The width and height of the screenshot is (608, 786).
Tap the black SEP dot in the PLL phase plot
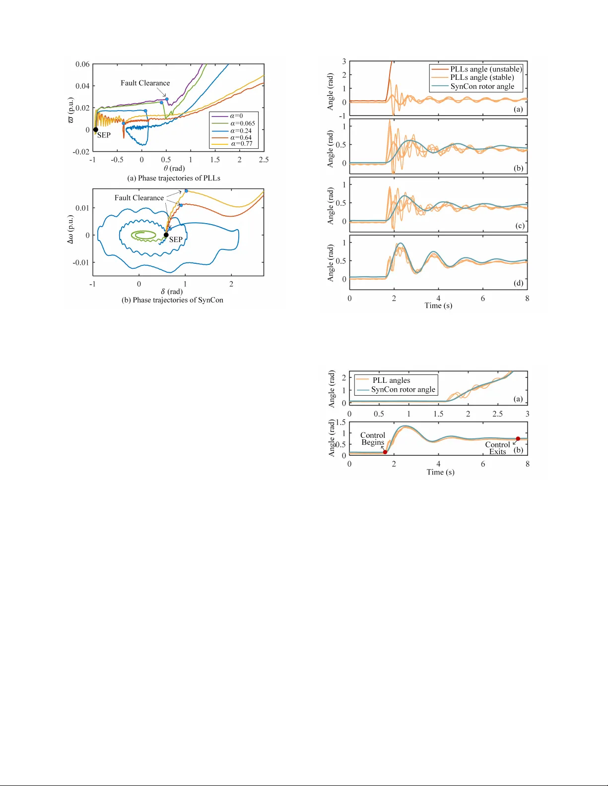tap(96, 130)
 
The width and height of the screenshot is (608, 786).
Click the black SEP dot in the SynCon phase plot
tap(166, 235)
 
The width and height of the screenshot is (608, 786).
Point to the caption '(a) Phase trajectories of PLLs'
tap(174, 178)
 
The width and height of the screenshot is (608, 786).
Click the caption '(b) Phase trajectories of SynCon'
tap(172, 300)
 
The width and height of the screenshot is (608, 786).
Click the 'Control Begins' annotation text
tap(372, 439)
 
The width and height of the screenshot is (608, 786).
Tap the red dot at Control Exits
tap(518, 439)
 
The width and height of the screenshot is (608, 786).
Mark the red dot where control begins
tap(385, 452)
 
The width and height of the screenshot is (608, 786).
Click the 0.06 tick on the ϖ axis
tap(82, 64)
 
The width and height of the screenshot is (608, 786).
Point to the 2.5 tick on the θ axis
tap(264, 160)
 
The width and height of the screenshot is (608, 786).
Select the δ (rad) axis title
tap(172, 292)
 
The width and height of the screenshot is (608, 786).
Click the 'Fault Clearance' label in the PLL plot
tap(145, 83)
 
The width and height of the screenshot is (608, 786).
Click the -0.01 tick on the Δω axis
tap(81, 262)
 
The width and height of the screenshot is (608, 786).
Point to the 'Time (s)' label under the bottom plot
tap(440, 472)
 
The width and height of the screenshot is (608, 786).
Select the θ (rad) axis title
tap(174, 168)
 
